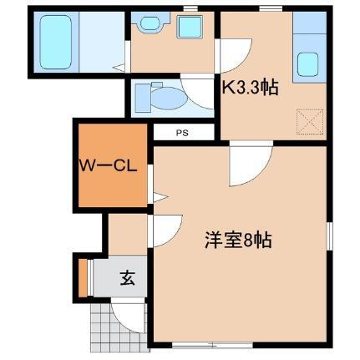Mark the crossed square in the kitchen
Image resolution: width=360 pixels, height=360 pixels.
click(x=309, y=123)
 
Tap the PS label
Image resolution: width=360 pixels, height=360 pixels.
click(x=181, y=133)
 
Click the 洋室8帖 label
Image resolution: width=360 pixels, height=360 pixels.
click(x=238, y=241)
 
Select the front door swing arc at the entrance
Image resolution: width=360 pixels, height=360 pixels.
click(x=128, y=311)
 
